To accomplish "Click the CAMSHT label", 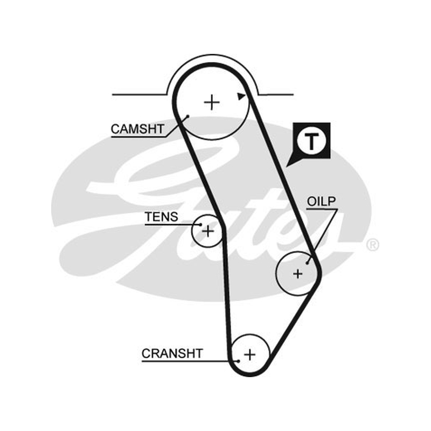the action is point(137,129).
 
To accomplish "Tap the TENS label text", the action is point(162,217).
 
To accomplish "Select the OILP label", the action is point(321,201).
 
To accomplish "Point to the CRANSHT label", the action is point(172,353).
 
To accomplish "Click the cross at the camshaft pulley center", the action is point(212,102).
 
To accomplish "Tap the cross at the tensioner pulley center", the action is point(208,231).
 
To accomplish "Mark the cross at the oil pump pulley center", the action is point(298,274).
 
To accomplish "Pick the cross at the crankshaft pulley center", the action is point(249,354).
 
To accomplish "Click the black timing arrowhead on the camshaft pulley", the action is point(241,96).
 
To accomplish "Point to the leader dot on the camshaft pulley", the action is point(188,116).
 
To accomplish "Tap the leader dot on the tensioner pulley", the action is point(200,225).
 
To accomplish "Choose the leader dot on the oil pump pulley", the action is point(307,263).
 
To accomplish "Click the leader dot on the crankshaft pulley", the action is point(239,361).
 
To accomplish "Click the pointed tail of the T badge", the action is point(287,166).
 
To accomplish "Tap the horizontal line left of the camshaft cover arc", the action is point(139,95).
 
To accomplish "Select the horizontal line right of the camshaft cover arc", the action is point(276,95).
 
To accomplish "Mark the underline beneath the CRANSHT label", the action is point(190,361).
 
